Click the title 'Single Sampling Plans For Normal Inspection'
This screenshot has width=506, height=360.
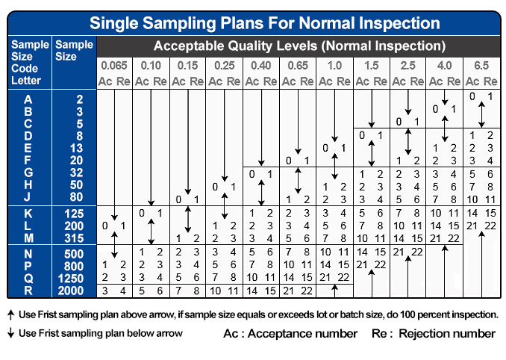pos(253,21)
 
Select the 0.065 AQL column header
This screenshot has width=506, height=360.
pos(113,66)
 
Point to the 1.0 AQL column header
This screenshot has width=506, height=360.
pos(334,66)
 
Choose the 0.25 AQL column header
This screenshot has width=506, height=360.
pos(223,66)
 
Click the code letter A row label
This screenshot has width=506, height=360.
pos(28,99)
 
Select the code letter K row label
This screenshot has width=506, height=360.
pos(28,213)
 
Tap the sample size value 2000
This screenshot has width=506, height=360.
pos(70,290)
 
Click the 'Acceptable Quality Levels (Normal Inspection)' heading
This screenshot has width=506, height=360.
pos(299,46)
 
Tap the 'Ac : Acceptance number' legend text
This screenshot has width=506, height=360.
pos(290,333)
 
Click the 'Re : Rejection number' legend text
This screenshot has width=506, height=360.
pos(433,333)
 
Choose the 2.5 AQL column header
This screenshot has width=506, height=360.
pos(407,66)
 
